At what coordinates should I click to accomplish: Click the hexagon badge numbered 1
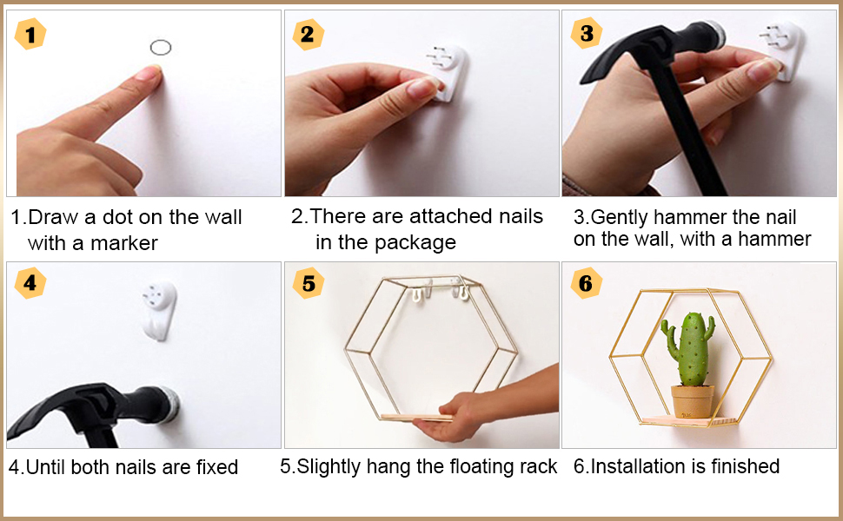tap(30, 34)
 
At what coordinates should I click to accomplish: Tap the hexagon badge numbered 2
tap(308, 35)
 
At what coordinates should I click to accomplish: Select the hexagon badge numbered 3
tap(587, 33)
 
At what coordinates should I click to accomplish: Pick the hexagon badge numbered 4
tap(30, 283)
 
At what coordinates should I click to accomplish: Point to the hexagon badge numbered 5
tap(308, 283)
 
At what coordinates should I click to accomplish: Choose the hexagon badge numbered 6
tap(586, 283)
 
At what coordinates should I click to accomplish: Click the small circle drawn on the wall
tap(161, 48)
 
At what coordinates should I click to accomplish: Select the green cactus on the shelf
tap(688, 349)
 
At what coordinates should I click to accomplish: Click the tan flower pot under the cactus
tap(693, 401)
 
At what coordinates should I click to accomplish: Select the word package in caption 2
tap(415, 243)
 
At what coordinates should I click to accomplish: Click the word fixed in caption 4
tap(216, 467)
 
